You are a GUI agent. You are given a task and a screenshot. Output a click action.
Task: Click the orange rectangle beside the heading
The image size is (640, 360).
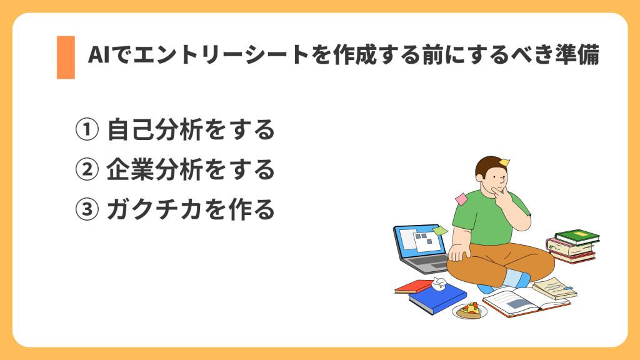(x=66, y=57)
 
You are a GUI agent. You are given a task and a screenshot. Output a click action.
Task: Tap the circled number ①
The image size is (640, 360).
(x=87, y=131)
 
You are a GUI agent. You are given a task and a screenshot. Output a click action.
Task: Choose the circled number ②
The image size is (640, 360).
(x=87, y=169)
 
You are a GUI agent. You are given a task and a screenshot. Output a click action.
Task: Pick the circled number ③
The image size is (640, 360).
(x=87, y=209)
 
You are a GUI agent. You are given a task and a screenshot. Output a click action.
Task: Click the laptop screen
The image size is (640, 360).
(x=419, y=243)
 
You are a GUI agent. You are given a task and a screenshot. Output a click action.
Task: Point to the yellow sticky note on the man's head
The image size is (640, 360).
(x=504, y=162)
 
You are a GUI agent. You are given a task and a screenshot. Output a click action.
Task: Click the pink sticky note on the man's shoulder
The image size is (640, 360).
(x=461, y=199)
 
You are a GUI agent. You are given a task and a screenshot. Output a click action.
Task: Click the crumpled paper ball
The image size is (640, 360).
(x=438, y=285)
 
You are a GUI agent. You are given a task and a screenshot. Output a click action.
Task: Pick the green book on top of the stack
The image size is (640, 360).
(x=577, y=236)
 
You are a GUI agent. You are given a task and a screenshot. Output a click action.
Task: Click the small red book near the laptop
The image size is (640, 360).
(x=413, y=286)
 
